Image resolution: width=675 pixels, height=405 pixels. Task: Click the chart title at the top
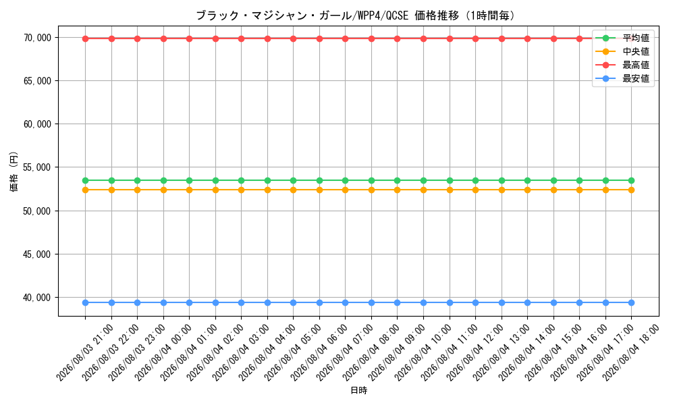tap(356, 16)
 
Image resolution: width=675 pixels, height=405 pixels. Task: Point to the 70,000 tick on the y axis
tap(37, 38)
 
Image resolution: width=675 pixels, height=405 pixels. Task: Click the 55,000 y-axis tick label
tap(37, 167)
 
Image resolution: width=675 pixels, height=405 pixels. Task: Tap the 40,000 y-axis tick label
tap(37, 298)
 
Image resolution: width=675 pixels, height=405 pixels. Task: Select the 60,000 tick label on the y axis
tap(37, 124)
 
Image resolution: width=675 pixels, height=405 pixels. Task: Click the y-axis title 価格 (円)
tap(14, 171)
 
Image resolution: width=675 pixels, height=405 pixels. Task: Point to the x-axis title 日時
tap(358, 390)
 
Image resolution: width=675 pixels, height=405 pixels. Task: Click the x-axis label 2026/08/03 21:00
tap(85, 353)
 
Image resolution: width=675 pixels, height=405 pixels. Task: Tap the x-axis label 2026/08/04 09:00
tap(397, 353)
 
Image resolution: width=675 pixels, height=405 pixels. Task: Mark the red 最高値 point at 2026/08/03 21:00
tap(85, 38)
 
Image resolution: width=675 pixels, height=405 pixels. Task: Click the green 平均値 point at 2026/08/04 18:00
tap(631, 180)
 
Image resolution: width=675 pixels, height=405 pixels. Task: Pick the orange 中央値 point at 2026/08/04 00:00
tap(163, 190)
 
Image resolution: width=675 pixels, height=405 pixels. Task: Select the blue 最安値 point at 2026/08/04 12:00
tap(475, 302)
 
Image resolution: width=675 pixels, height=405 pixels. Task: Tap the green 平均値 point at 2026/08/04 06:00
tap(319, 180)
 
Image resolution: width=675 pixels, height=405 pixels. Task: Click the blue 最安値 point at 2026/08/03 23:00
tap(137, 302)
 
